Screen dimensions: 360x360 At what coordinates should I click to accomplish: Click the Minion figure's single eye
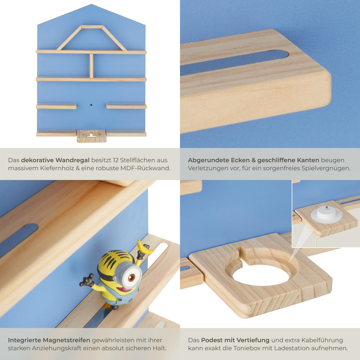point(131,278)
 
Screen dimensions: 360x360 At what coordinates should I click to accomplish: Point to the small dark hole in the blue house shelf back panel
point(91,105)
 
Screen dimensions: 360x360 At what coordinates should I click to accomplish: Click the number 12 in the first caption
point(115,160)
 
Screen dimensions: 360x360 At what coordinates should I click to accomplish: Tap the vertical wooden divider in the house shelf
point(91,66)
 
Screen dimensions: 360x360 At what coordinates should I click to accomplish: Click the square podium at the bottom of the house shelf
point(91,136)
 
